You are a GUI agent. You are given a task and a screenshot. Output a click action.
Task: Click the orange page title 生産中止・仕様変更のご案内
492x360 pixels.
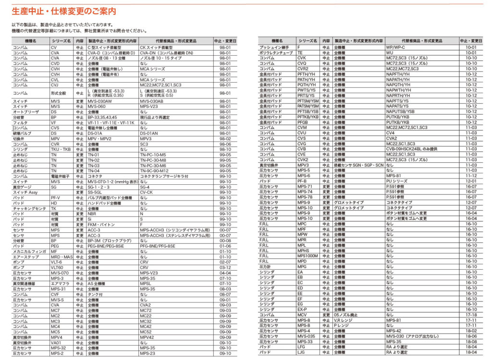pos(63,10)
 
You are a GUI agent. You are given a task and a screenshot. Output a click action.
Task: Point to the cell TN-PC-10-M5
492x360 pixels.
pos(153,155)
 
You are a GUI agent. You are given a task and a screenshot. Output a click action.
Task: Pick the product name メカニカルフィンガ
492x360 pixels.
pos(29,251)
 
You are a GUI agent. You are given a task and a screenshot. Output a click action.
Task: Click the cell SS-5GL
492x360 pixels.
pos(95,192)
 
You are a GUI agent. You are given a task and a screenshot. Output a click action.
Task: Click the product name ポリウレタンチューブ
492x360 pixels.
pos(276,53)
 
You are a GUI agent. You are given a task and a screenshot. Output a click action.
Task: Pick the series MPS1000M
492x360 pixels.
pos(307,256)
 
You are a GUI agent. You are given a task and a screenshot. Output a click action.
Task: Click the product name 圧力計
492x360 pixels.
pos(266,266)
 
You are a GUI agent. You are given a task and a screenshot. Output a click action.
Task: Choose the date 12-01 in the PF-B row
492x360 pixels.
pos(471,181)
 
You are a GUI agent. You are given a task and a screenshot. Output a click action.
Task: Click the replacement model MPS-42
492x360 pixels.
pos(393,331)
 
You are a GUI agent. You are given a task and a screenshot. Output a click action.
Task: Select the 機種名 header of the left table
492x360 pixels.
pos(31,41)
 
